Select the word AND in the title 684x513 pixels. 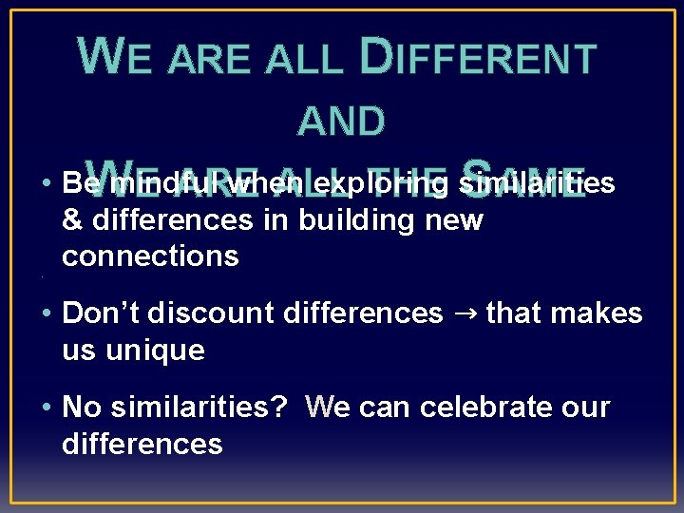coord(342,122)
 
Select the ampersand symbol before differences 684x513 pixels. coord(71,220)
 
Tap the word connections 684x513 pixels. coord(150,256)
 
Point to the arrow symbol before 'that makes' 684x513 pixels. coord(465,313)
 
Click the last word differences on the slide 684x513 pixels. coord(142,443)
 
